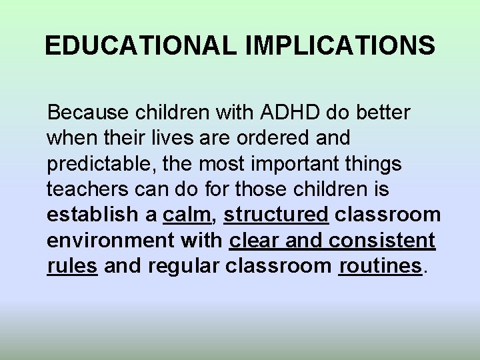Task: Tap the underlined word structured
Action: coord(277,215)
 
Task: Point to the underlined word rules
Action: coord(73,266)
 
